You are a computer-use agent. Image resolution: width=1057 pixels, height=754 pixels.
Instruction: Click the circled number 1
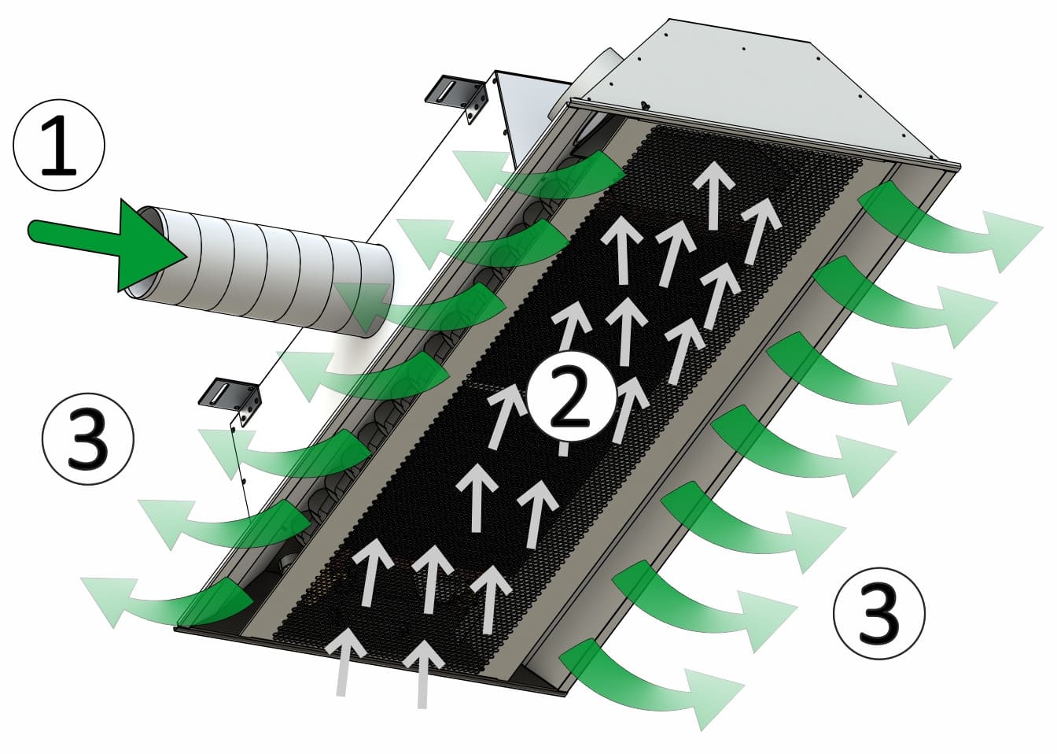[58, 145]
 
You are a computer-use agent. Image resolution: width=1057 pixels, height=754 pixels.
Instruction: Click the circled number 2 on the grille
[570, 396]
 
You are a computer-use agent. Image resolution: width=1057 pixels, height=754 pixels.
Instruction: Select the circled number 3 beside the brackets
[88, 439]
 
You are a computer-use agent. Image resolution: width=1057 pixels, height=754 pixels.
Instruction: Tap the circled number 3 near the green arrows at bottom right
[879, 613]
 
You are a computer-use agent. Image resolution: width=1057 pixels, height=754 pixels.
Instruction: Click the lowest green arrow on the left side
[165, 602]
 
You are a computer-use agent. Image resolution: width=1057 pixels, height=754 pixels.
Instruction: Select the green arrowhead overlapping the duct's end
[363, 305]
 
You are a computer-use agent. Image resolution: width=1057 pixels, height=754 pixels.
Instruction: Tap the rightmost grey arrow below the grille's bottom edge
[423, 675]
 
